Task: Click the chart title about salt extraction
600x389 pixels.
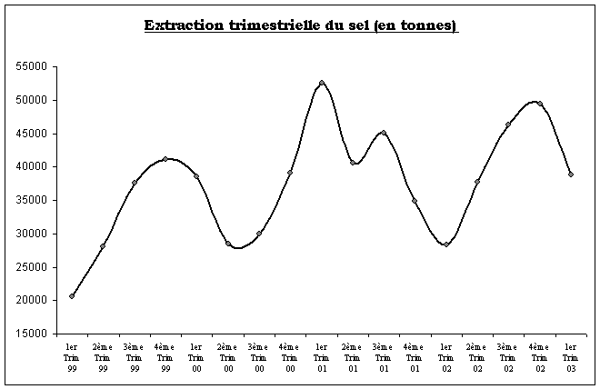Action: [301, 25]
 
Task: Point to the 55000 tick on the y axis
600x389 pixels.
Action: [32, 67]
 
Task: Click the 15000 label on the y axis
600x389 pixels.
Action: [32, 334]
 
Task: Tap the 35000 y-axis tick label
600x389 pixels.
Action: [32, 201]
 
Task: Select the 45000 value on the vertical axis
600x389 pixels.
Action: [32, 134]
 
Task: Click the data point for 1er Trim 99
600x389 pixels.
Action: [72, 296]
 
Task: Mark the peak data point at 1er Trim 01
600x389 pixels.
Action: [322, 83]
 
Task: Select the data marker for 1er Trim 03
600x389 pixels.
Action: [570, 175]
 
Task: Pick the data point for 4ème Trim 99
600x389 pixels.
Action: [165, 159]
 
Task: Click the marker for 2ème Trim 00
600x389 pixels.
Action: [228, 244]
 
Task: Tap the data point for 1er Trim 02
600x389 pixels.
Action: [446, 244]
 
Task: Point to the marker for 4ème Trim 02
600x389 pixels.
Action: [540, 104]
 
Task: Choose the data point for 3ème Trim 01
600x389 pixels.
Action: [384, 133]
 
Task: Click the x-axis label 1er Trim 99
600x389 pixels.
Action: [72, 357]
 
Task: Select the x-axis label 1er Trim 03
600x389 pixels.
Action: [570, 357]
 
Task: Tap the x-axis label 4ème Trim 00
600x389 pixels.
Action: [290, 357]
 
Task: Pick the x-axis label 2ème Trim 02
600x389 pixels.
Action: [477, 357]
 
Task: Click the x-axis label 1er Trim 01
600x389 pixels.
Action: [321, 357]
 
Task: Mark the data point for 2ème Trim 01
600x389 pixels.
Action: [353, 163]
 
